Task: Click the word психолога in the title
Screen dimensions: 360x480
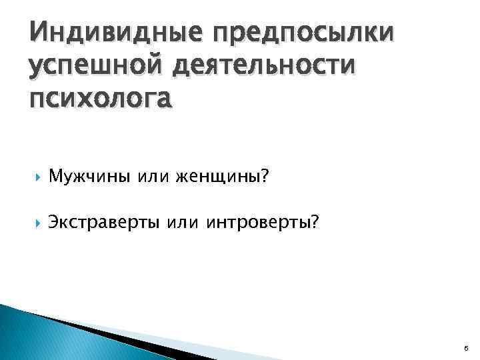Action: point(100,98)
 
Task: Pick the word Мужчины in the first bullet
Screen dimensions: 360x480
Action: point(91,177)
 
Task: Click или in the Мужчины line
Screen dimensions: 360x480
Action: point(155,177)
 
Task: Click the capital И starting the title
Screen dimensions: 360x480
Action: point(38,32)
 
